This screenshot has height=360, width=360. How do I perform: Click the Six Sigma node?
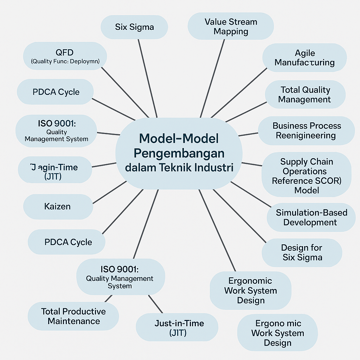pyautogui.click(x=134, y=27)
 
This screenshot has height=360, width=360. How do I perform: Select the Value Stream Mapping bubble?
pyautogui.click(x=231, y=27)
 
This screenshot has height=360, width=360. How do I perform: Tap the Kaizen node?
pyautogui.click(x=58, y=206)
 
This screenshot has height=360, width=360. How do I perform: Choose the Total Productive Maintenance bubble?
pyautogui.click(x=73, y=316)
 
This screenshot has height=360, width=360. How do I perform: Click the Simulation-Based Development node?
pyautogui.click(x=311, y=218)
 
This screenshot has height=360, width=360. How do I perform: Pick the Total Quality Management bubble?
pyautogui.click(x=304, y=95)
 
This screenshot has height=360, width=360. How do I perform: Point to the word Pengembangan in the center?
pyautogui.click(x=179, y=153)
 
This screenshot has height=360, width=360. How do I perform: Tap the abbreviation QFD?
pyautogui.click(x=65, y=52)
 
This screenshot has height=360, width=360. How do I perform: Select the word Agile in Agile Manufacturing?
pyautogui.click(x=305, y=53)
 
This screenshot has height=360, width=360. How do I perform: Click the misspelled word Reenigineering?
pyautogui.click(x=306, y=135)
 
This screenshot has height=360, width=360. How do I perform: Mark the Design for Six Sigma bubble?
pyautogui.click(x=302, y=252)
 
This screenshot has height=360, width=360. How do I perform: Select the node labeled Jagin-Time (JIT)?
pyautogui.click(x=53, y=172)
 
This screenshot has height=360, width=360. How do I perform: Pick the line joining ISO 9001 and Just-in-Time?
pyautogui.click(x=155, y=303)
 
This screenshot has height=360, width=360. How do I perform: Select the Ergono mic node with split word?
pyautogui.click(x=278, y=333)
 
